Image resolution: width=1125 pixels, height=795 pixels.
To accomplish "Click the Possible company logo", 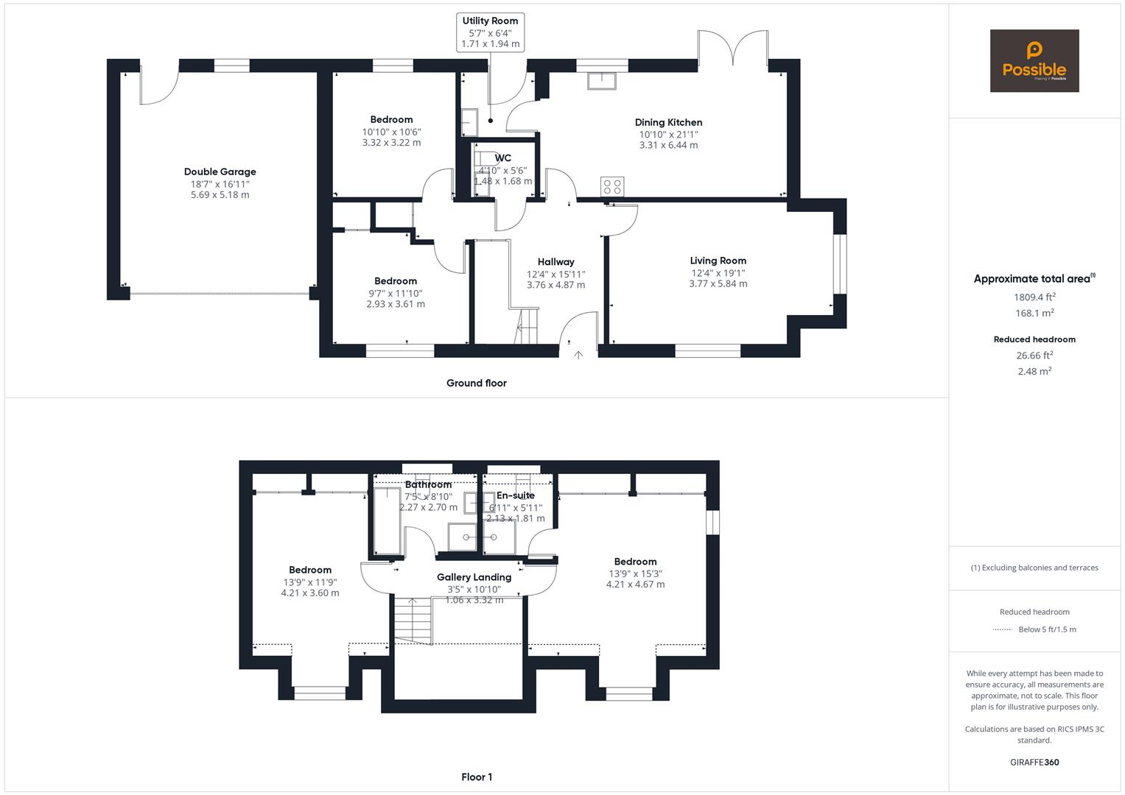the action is (1034, 60).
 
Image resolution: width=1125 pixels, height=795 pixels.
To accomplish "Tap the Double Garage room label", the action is (220, 172).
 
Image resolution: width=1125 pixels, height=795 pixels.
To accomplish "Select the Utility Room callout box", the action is (490, 32).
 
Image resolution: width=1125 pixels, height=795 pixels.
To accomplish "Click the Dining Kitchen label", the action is (668, 122).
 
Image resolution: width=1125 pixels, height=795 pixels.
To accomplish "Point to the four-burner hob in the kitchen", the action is (612, 187).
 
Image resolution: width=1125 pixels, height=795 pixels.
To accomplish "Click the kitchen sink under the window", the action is (602, 81).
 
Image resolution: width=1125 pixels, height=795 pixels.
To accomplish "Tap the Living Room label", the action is (718, 261).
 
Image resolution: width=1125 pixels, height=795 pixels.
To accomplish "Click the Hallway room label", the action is (556, 261).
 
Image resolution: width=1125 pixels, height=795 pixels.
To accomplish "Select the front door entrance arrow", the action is (578, 355).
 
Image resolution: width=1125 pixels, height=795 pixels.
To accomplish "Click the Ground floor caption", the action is (477, 383).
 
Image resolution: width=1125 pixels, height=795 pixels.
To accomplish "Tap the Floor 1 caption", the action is (477, 777).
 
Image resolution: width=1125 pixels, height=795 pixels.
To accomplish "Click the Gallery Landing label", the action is (474, 577).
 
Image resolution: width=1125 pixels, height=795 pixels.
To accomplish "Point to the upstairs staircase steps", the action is (413, 621).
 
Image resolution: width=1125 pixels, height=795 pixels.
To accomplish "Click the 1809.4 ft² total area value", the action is (1034, 297).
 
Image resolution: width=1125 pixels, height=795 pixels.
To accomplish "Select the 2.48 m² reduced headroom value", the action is (1034, 371).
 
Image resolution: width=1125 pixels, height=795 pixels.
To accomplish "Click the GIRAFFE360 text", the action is (1034, 762).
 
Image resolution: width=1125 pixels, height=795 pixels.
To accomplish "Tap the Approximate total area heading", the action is (1034, 278).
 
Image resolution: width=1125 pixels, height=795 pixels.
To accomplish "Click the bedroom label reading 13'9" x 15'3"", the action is (635, 573).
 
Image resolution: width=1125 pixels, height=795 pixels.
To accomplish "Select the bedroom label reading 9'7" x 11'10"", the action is (396, 292).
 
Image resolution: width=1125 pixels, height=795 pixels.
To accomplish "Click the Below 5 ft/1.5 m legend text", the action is (1047, 629).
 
